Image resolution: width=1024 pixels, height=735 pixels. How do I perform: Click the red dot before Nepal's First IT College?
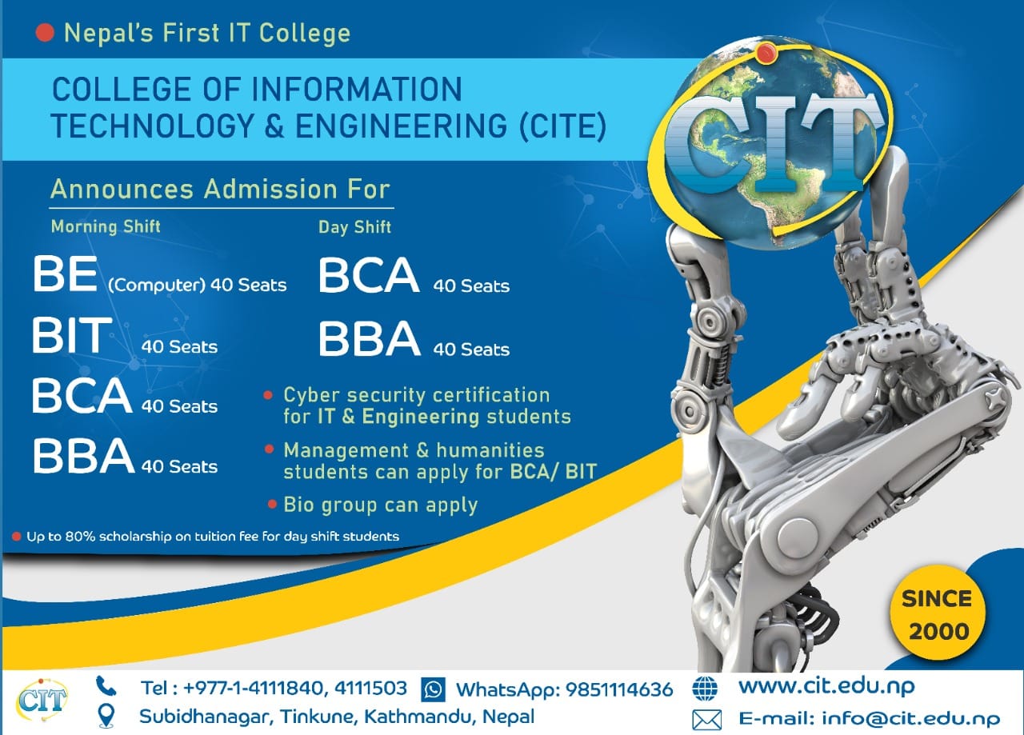tap(45, 33)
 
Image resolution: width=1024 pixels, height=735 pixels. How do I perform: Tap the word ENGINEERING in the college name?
tap(402, 126)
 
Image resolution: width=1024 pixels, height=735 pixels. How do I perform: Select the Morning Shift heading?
tap(106, 226)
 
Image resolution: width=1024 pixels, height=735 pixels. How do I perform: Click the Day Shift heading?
tap(354, 227)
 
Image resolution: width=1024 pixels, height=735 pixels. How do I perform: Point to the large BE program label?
tap(65, 274)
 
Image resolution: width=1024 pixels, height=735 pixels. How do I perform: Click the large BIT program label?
tap(72, 335)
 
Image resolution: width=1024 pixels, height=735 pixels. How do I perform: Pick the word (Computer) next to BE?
tap(156, 286)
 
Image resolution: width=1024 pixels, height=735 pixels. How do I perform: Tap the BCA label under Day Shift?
tap(369, 275)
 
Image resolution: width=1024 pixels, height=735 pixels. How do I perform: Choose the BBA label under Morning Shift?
tap(84, 456)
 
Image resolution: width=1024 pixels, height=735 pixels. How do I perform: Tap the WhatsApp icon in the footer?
tap(433, 689)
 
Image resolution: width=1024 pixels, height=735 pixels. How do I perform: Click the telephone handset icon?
tap(106, 686)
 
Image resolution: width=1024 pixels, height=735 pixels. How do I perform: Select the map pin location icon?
tap(106, 716)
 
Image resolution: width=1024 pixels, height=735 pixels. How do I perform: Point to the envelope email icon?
tap(706, 720)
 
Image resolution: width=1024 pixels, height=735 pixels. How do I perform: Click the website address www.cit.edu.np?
tap(826, 686)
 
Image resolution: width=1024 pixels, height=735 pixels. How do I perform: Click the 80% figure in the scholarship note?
tap(80, 536)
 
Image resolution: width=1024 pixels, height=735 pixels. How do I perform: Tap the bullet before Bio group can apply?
tap(273, 504)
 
